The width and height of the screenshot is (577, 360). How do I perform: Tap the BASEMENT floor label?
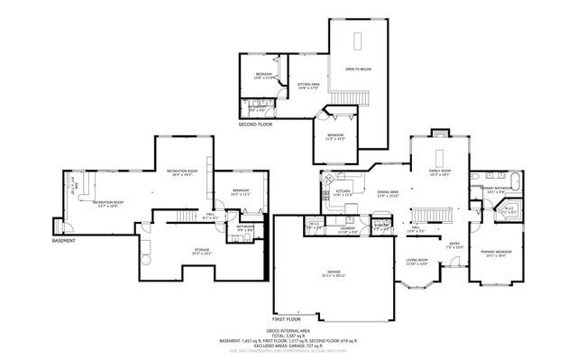(63, 241)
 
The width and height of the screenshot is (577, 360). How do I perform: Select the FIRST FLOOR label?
(289, 318)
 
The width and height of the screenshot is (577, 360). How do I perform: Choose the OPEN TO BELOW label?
(358, 69)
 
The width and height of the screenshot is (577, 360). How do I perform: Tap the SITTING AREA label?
(309, 86)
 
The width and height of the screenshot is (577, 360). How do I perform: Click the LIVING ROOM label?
(417, 262)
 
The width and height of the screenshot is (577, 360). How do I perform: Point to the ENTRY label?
(454, 243)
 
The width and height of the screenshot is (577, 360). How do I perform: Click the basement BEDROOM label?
(241, 190)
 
